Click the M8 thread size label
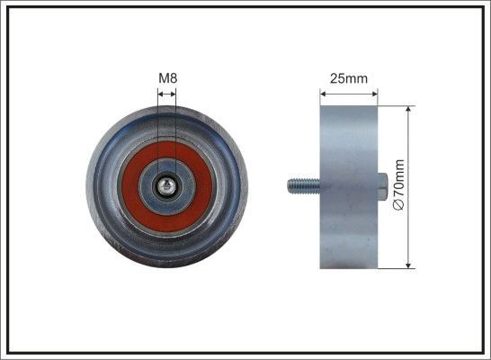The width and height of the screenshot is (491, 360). tap(167, 78)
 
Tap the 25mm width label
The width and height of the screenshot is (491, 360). tap(348, 78)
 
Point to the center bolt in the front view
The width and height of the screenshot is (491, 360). tap(167, 186)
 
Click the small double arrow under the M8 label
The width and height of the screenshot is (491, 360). tap(167, 92)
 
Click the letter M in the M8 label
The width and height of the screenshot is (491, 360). tap(163, 78)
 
